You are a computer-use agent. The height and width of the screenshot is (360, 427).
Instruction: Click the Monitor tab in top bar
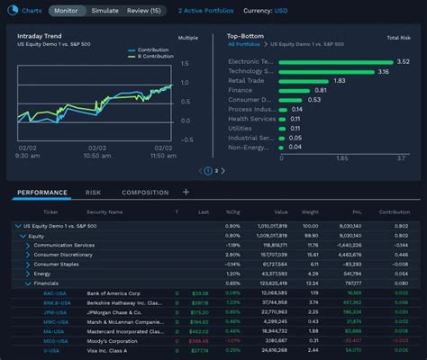click(66, 11)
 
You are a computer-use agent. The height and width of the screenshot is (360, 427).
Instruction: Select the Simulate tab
click(104, 11)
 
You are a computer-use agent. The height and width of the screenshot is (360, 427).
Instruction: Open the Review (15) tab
click(144, 11)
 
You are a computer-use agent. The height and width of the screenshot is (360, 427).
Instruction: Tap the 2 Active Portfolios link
click(207, 11)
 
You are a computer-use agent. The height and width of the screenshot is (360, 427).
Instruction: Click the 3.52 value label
click(403, 61)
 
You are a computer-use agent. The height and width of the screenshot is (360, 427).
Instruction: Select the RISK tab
click(94, 192)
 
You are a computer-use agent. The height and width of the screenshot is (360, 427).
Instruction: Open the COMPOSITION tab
click(145, 192)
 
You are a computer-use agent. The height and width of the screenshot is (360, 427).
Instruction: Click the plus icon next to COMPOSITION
click(186, 192)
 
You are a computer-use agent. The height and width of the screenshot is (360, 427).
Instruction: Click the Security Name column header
click(104, 212)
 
